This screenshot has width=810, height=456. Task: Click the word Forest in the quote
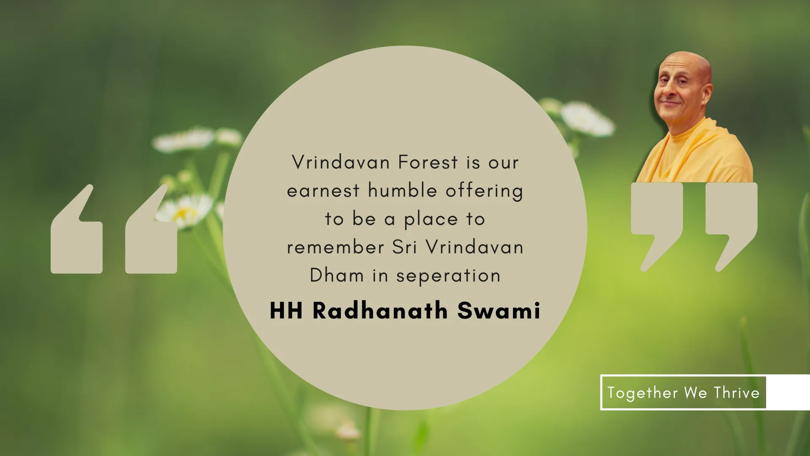428,162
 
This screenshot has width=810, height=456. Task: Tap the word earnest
323,191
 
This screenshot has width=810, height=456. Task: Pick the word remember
335,247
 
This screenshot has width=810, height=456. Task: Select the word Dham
337,275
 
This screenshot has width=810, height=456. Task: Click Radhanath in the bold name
380,311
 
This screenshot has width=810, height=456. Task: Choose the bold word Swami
499,311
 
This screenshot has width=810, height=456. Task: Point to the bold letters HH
286,311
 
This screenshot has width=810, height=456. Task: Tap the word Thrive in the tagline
737,393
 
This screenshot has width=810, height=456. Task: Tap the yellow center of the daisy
184,213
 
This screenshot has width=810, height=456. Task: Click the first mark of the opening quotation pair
76,229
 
